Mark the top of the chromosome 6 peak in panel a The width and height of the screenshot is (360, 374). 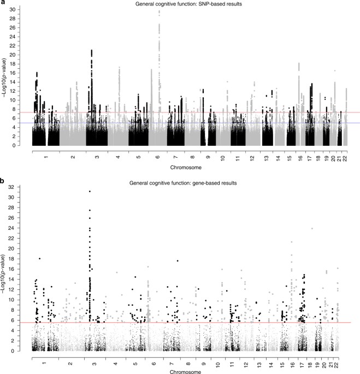coord(159,11)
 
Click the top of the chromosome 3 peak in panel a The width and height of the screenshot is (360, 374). coord(92,50)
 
